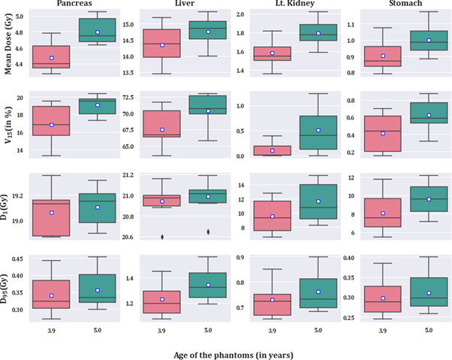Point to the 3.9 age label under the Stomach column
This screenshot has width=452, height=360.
click(382, 330)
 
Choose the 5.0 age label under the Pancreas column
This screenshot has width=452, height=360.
click(97, 330)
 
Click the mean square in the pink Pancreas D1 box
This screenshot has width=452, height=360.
click(51, 213)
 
